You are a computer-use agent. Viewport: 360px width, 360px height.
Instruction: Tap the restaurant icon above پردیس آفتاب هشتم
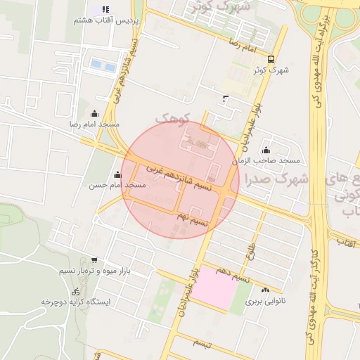click(x=105, y=9)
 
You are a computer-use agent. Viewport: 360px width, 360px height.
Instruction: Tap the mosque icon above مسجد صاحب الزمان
click(x=266, y=150)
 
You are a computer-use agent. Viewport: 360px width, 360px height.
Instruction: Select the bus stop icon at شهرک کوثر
click(x=271, y=59)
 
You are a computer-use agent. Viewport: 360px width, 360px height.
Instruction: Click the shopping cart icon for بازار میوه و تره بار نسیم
click(x=94, y=260)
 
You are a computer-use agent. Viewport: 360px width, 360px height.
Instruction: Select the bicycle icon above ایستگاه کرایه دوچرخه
click(x=75, y=291)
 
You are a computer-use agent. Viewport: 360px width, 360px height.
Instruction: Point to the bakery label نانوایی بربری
click(x=261, y=301)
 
